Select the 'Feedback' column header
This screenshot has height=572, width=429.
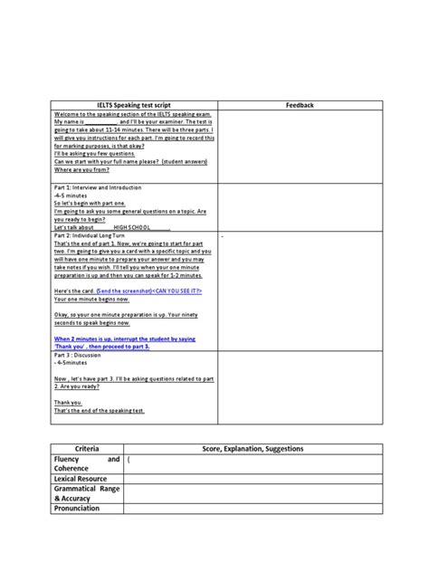pyautogui.click(x=299, y=106)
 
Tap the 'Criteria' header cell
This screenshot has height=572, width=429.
pyautogui.click(x=87, y=449)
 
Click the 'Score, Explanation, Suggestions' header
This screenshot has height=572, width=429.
pyautogui.click(x=265, y=449)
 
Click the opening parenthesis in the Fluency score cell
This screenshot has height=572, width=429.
pyautogui.click(x=129, y=460)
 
